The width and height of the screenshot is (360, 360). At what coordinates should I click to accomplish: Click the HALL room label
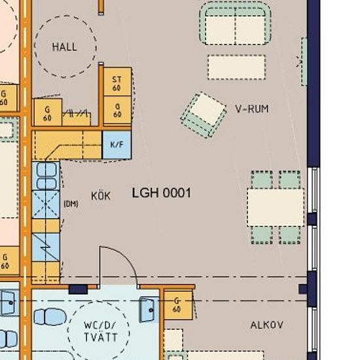click(x=64, y=47)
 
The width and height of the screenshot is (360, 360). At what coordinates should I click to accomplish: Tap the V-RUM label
click(x=252, y=109)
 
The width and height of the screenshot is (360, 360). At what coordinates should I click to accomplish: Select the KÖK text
click(x=101, y=196)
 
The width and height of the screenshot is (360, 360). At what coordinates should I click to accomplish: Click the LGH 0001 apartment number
click(x=162, y=192)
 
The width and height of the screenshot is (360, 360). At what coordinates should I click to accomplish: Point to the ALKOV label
click(x=267, y=325)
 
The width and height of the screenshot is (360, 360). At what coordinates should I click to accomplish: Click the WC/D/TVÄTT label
click(x=101, y=331)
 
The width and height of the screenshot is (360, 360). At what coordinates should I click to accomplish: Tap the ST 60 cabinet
click(x=117, y=82)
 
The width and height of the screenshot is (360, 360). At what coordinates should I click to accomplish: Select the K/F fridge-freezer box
click(x=117, y=145)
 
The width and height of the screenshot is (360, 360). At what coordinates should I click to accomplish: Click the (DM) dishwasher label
click(x=71, y=204)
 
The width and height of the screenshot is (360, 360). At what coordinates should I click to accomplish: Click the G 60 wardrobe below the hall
click(x=48, y=113)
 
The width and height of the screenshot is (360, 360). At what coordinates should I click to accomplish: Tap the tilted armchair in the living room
click(x=204, y=115)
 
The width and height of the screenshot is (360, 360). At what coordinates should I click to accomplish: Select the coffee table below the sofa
click(x=237, y=67)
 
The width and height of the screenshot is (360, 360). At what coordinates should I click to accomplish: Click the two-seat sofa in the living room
click(x=236, y=23)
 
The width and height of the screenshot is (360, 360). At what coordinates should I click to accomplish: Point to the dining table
click(x=276, y=207)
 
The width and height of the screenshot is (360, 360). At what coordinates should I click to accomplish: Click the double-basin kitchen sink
click(x=46, y=176)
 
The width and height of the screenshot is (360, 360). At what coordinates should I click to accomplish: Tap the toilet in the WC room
click(x=50, y=317)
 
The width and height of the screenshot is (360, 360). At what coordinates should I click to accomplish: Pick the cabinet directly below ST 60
click(x=117, y=110)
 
